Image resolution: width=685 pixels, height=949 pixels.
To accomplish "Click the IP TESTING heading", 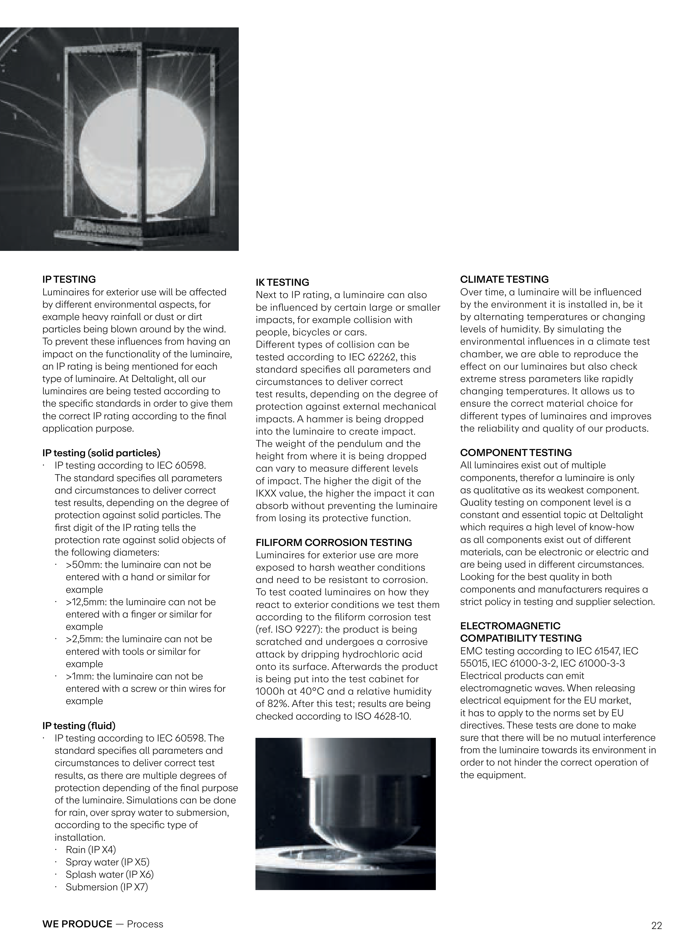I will pyautogui.click(x=69, y=279).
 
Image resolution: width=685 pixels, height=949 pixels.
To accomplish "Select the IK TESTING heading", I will pyautogui.click(x=282, y=282).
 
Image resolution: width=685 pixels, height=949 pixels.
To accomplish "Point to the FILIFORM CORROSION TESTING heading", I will pyautogui.click(x=334, y=543).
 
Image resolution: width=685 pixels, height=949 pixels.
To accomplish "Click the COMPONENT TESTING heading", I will pyautogui.click(x=516, y=453).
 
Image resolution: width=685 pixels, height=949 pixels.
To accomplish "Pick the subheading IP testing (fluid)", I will pyautogui.click(x=79, y=726).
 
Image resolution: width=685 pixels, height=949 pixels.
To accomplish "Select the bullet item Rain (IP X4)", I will pyautogui.click(x=91, y=850).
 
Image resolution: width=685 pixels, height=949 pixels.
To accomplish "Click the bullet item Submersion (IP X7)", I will pyautogui.click(x=107, y=887).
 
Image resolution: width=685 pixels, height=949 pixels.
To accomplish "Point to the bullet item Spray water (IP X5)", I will pyautogui.click(x=107, y=862).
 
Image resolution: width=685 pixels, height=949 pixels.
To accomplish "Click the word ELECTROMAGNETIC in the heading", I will pyautogui.click(x=510, y=626).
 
